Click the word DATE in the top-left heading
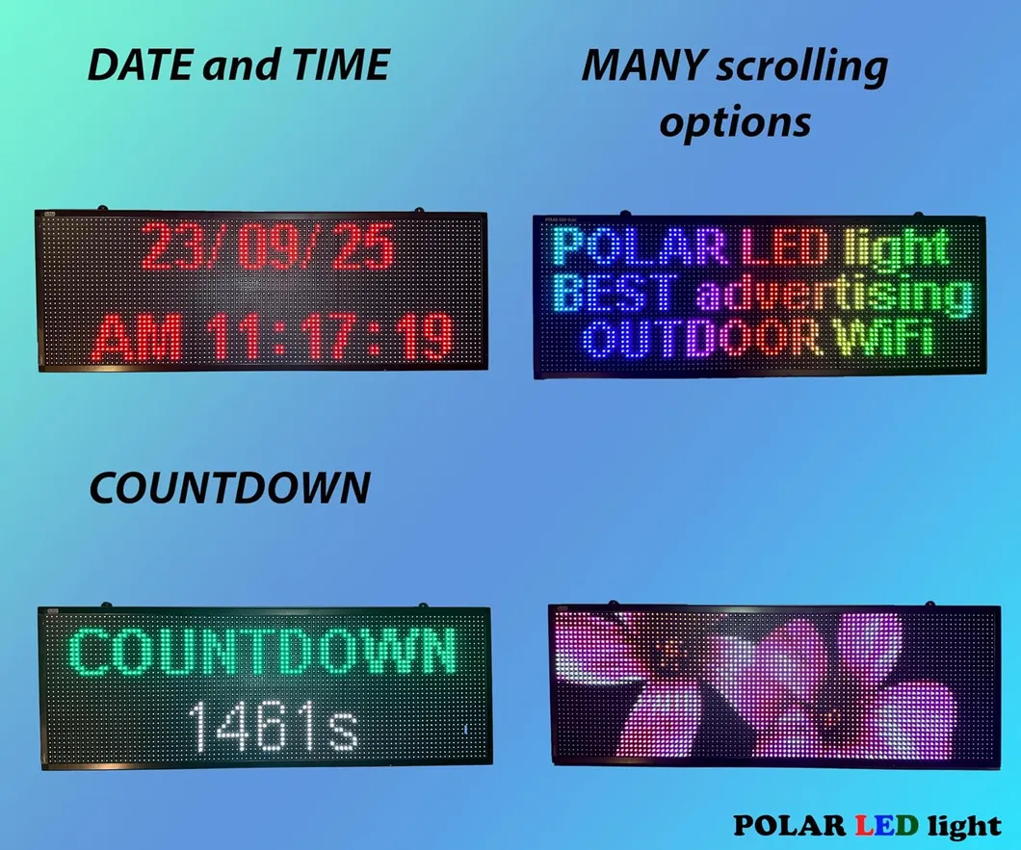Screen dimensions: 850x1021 tap(132, 65)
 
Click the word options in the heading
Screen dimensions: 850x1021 tap(736, 123)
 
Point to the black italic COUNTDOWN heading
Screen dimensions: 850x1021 tap(229, 489)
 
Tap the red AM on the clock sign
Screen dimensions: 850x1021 tap(138, 337)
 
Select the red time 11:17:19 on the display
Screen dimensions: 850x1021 tap(330, 337)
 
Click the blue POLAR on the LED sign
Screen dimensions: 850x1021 tap(639, 249)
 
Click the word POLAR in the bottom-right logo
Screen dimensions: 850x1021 tap(787, 825)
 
